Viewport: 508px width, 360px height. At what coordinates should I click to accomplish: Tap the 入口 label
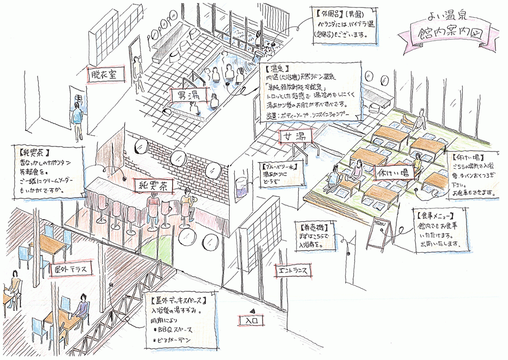click(x=252, y=321)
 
